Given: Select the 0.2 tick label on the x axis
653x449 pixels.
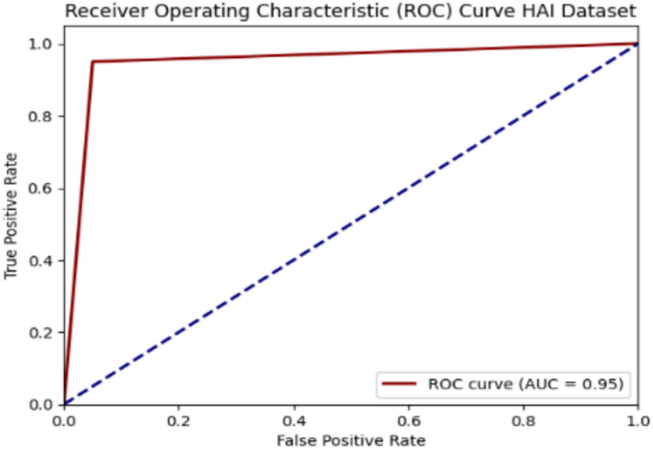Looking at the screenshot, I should tap(178, 419).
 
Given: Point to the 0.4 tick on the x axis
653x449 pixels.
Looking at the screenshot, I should tap(293, 419).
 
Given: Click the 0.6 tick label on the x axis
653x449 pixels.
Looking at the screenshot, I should tap(407, 419).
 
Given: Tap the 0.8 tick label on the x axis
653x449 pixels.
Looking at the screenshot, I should tap(522, 419).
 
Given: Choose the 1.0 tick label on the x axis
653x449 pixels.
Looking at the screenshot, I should tap(636, 419).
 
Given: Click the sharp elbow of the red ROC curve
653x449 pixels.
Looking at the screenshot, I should tap(92, 62).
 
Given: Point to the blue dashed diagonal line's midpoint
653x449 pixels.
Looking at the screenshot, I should tap(350, 224).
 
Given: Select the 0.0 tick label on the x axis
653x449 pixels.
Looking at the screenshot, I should tap(64, 419).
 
